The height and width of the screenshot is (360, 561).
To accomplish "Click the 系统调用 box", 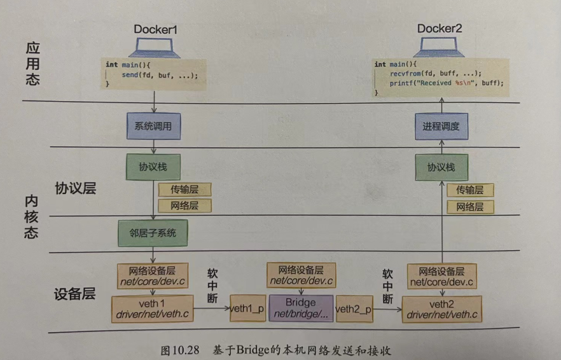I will click(x=153, y=127).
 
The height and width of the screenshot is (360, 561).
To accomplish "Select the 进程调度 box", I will click(x=441, y=127).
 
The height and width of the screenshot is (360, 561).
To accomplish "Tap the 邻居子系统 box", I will click(x=153, y=233).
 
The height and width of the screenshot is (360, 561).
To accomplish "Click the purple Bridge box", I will click(x=301, y=308).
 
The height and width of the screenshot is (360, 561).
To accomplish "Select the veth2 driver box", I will click(x=441, y=308).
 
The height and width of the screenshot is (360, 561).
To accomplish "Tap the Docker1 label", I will click(x=155, y=29).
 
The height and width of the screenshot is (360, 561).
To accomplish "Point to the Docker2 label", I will click(x=440, y=29).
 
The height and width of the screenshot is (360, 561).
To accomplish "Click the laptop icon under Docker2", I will click(x=440, y=46).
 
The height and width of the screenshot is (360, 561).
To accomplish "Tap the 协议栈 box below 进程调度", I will click(x=441, y=167).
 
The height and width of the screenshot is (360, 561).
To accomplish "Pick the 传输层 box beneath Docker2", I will click(x=470, y=190).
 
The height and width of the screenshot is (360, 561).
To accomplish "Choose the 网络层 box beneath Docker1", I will click(x=185, y=205).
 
